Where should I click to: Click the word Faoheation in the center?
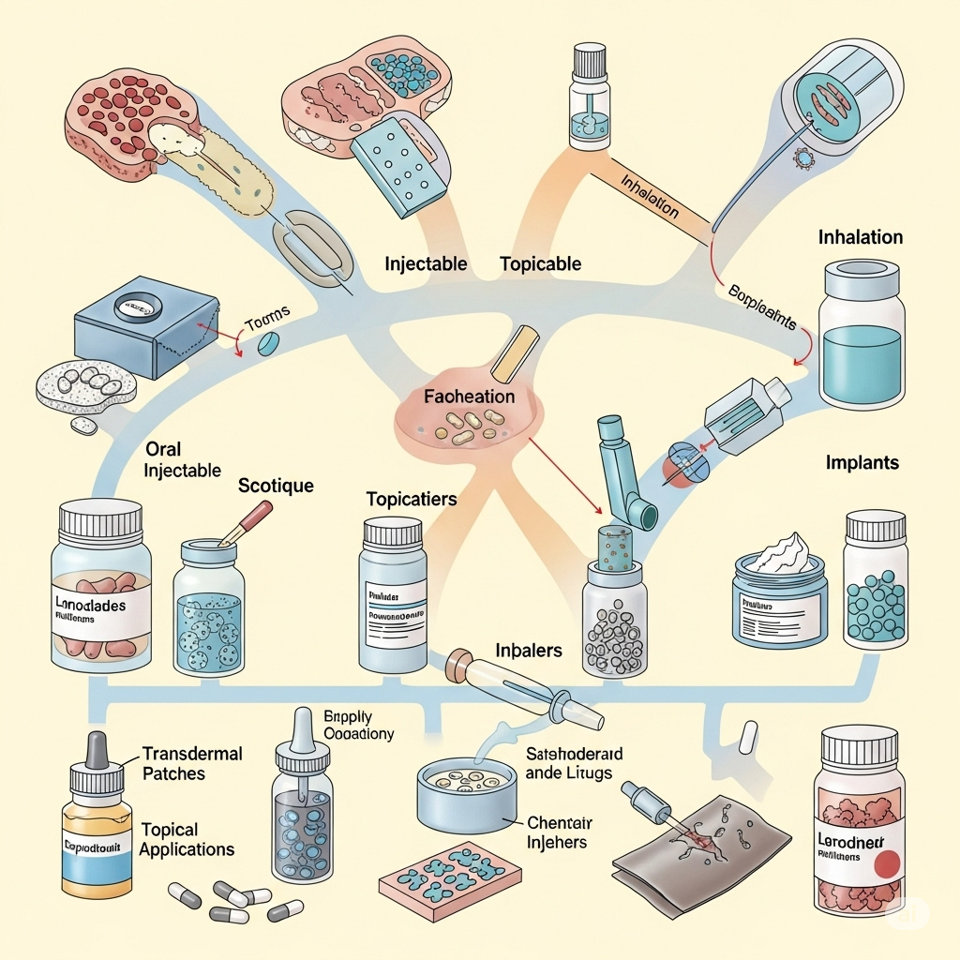click(469, 397)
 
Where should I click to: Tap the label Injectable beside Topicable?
click(426, 263)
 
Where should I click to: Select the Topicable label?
click(541, 263)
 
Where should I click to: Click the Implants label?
click(862, 462)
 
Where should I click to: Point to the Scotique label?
click(276, 486)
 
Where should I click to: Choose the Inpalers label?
click(529, 650)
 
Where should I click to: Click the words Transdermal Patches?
click(192, 764)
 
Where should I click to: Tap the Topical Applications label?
click(187, 839)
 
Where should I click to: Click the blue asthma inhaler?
click(622, 478)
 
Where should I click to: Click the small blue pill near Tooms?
click(268, 344)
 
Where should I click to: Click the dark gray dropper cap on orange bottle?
click(97, 750)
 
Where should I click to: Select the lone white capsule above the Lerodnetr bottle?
click(747, 738)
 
